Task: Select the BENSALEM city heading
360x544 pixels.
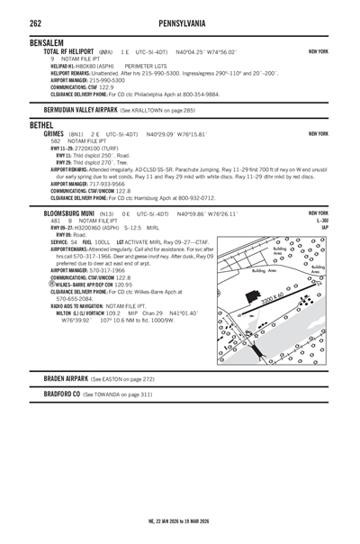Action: [x=50, y=42]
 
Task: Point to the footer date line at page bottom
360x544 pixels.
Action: [x=179, y=521]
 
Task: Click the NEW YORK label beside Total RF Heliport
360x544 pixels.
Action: [x=318, y=52]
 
